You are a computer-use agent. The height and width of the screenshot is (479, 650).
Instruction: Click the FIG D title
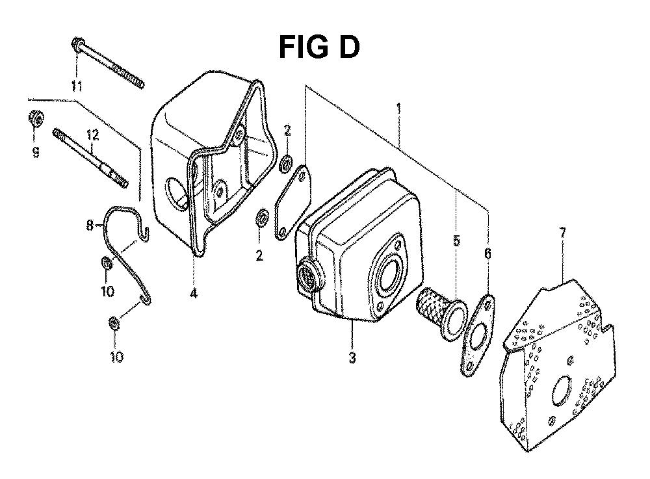click(x=319, y=47)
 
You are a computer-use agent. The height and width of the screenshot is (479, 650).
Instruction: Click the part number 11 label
click(x=76, y=86)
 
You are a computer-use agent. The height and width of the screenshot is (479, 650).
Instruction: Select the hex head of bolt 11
click(x=77, y=42)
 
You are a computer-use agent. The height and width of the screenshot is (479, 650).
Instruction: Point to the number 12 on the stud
click(x=93, y=135)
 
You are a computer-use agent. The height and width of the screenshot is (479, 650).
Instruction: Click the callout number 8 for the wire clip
click(x=90, y=226)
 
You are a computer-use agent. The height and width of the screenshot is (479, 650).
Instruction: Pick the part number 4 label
click(x=194, y=293)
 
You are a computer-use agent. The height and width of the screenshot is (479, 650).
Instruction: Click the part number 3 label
click(x=352, y=357)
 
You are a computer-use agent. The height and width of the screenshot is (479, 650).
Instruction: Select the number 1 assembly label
click(x=399, y=109)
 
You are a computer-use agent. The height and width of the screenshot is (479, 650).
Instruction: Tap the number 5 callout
click(x=456, y=240)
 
